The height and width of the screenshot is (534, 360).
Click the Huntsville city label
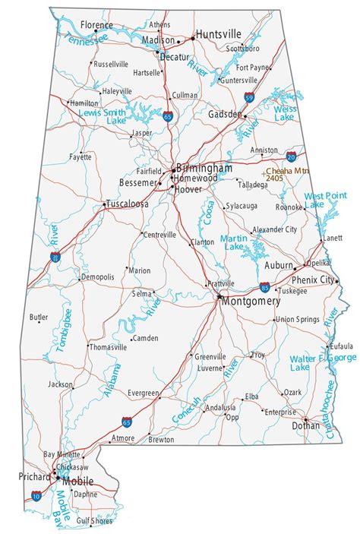tap(218, 34)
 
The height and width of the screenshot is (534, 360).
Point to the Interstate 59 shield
tap(249, 97)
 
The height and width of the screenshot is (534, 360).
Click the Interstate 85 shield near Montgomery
tap(264, 287)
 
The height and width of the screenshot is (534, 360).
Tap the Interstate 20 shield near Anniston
tap(292, 156)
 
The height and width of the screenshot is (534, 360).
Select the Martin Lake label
tap(232, 243)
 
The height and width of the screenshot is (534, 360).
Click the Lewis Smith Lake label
tap(103, 116)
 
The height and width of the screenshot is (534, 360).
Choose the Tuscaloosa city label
tap(128, 204)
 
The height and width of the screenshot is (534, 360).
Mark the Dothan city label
tap(305, 426)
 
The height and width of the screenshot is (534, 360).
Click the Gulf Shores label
tap(92, 521)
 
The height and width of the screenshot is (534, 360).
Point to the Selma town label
tap(141, 293)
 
